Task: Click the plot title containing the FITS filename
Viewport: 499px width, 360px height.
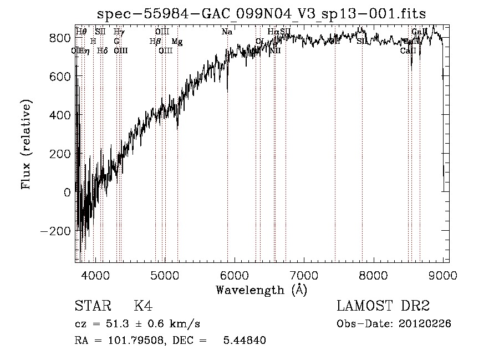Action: point(261,13)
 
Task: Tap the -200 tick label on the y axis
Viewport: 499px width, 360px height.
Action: point(55,231)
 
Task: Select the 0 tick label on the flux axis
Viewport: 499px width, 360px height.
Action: point(67,192)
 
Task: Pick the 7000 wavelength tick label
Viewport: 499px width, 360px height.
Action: point(304,275)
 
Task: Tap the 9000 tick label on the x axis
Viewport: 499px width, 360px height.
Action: point(442,275)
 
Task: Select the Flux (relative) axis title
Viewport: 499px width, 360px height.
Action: point(26,144)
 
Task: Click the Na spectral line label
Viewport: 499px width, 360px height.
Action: point(227,32)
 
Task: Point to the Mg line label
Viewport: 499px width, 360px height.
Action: point(176,42)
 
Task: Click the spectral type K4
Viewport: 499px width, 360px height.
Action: point(143,306)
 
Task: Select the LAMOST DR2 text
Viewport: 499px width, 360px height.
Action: point(383,306)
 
